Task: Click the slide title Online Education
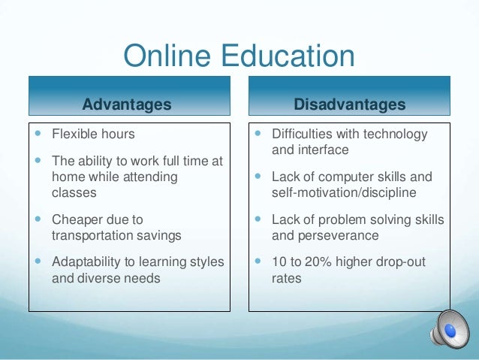click(x=239, y=57)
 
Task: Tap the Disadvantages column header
click(x=350, y=104)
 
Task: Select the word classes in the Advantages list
click(x=74, y=192)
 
